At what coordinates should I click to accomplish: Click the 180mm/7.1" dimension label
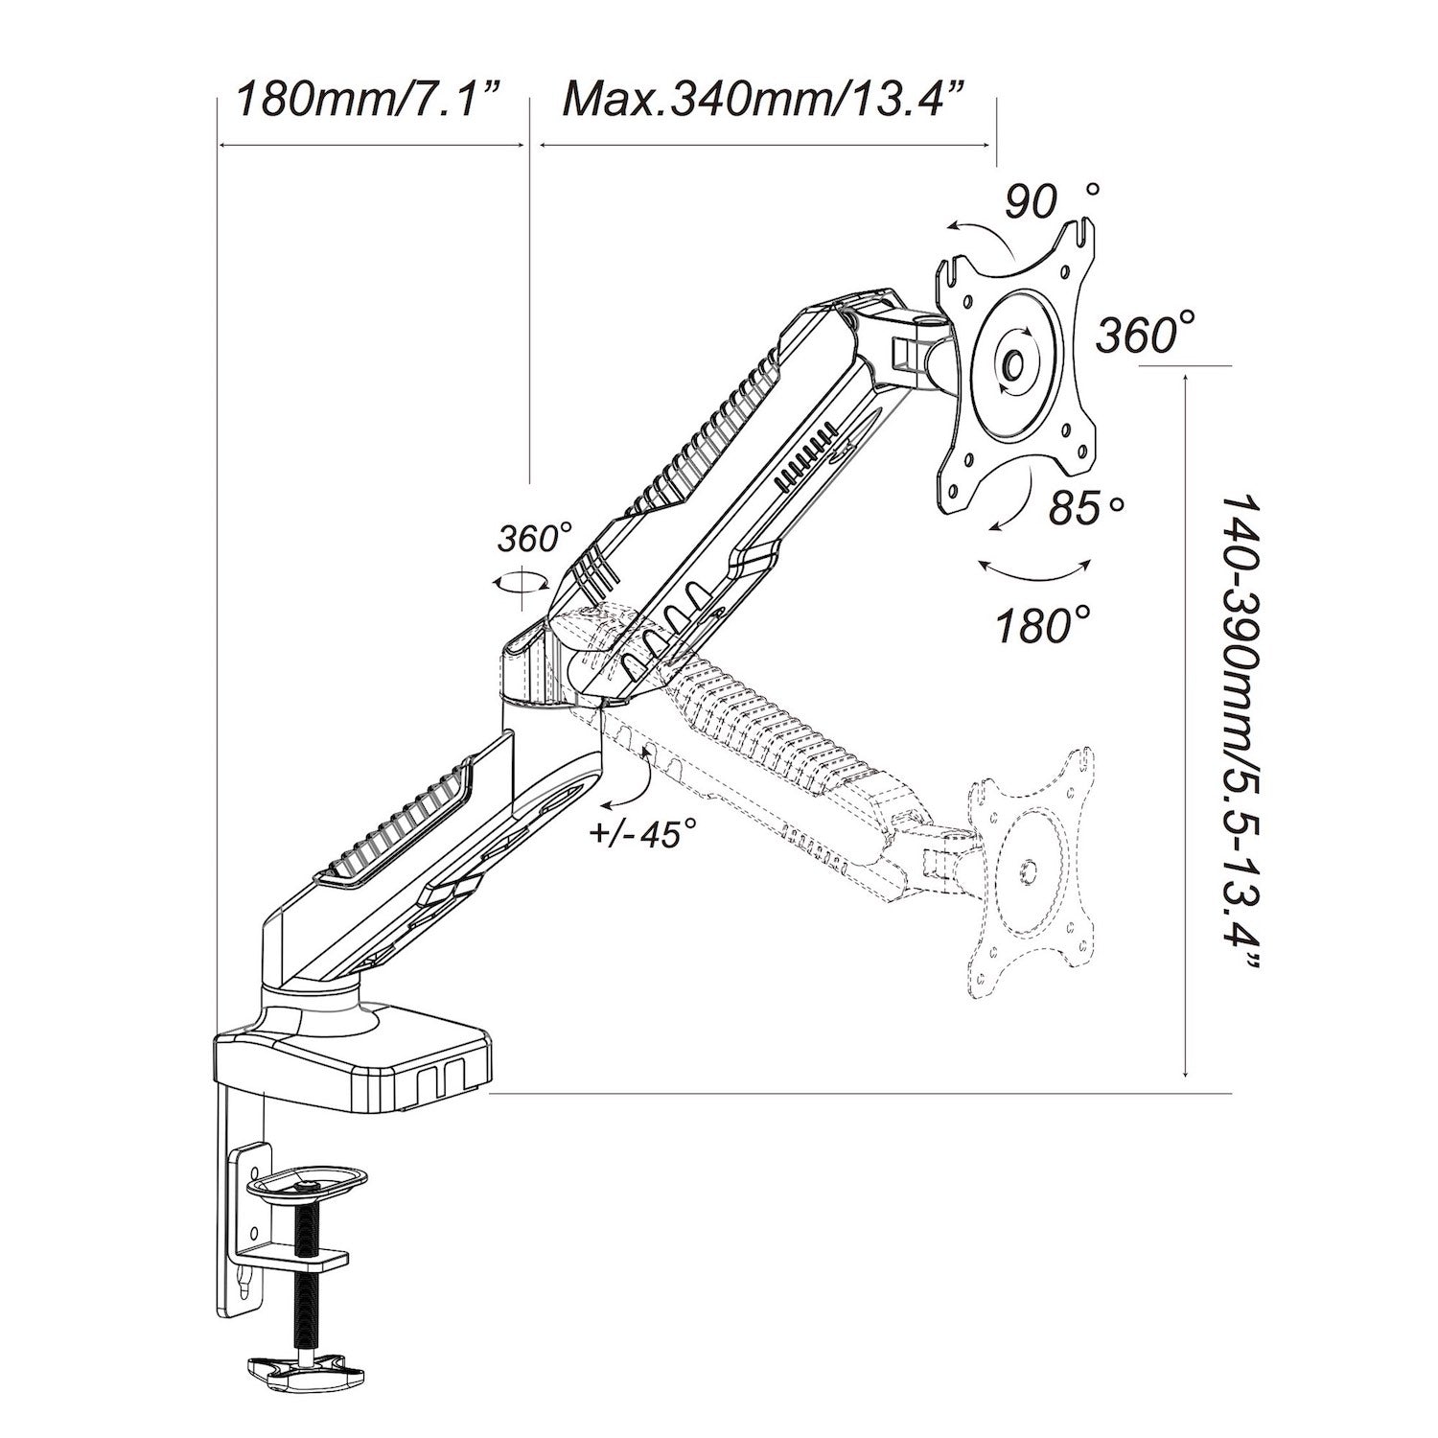[x=369, y=98]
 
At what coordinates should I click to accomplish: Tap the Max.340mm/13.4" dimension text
[x=763, y=98]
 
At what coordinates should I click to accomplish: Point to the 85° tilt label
[x=1083, y=507]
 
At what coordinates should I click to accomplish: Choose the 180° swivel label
[x=1042, y=625]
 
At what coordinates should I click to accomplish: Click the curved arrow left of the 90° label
[x=983, y=236]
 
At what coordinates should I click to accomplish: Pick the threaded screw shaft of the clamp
[x=306, y=1285]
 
